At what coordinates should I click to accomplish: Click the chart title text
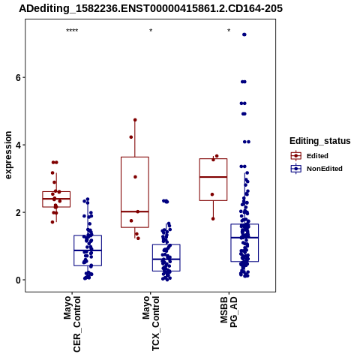pos(151,8)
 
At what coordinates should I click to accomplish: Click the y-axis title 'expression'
pos(8,155)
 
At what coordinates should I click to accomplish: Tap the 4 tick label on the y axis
pos(18,145)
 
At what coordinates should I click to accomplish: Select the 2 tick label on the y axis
pos(18,212)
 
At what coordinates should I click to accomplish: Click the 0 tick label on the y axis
pos(18,280)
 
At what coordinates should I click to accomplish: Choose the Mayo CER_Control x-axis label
pos(72,324)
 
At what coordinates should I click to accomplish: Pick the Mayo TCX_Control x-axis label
pos(151,323)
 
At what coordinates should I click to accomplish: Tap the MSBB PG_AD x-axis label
pos(229,312)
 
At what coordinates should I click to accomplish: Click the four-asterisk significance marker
pos(72,31)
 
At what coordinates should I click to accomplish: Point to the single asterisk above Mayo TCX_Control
pos(151,31)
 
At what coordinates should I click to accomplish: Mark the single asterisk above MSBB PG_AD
pos(229,31)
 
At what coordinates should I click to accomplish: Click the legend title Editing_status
pos(320,141)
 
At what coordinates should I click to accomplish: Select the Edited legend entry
pos(310,156)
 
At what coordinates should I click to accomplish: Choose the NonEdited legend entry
pos(316,169)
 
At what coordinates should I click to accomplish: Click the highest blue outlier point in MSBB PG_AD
pos(244,34)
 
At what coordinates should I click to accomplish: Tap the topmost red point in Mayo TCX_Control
pos(135,120)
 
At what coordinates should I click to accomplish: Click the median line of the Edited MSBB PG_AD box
pos(213,177)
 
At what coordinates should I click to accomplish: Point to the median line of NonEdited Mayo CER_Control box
pos(88,250)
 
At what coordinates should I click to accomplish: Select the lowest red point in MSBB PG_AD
pos(213,219)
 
